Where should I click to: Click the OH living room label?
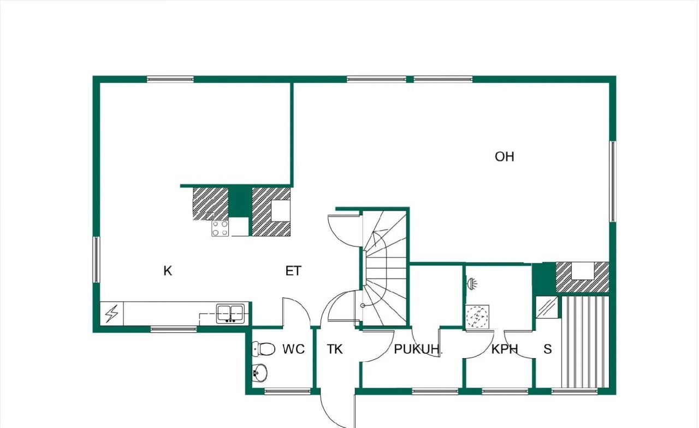pyautogui.click(x=504, y=157)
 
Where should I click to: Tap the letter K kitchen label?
pyautogui.click(x=168, y=271)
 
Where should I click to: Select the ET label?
pyautogui.click(x=293, y=271)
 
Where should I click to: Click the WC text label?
pyautogui.click(x=293, y=349)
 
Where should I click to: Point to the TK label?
pyautogui.click(x=335, y=349)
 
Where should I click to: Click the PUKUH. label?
pyautogui.click(x=418, y=349)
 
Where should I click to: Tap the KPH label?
pyautogui.click(x=505, y=349)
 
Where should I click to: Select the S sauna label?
pyautogui.click(x=547, y=349)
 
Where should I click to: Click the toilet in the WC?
pyautogui.click(x=264, y=349)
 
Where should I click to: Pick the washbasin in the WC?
pyautogui.click(x=259, y=372)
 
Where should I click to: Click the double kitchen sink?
pyautogui.click(x=230, y=313)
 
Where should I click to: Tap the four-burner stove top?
pyautogui.click(x=220, y=228)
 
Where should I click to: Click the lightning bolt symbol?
pyautogui.click(x=112, y=313)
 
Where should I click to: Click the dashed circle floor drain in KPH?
pyautogui.click(x=477, y=317)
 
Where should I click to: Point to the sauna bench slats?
pyautogui.click(x=585, y=342)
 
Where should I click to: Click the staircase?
pyautogui.click(x=385, y=268)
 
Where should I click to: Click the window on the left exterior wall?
pyautogui.click(x=97, y=259)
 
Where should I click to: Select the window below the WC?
pyautogui.click(x=287, y=391)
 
